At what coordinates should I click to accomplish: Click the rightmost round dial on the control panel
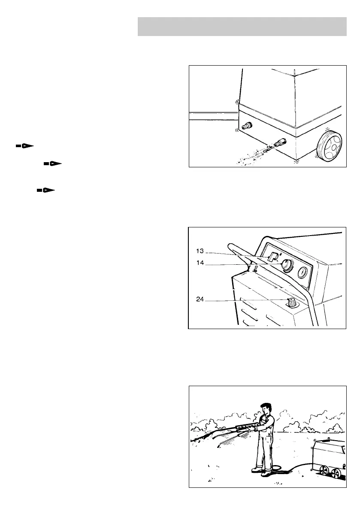pyautogui.click(x=303, y=272)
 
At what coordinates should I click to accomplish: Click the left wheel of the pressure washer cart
pyautogui.click(x=325, y=472)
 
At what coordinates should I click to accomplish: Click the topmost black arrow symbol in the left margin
pyautogui.click(x=24, y=146)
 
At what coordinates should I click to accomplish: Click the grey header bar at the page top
pyautogui.click(x=242, y=27)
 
